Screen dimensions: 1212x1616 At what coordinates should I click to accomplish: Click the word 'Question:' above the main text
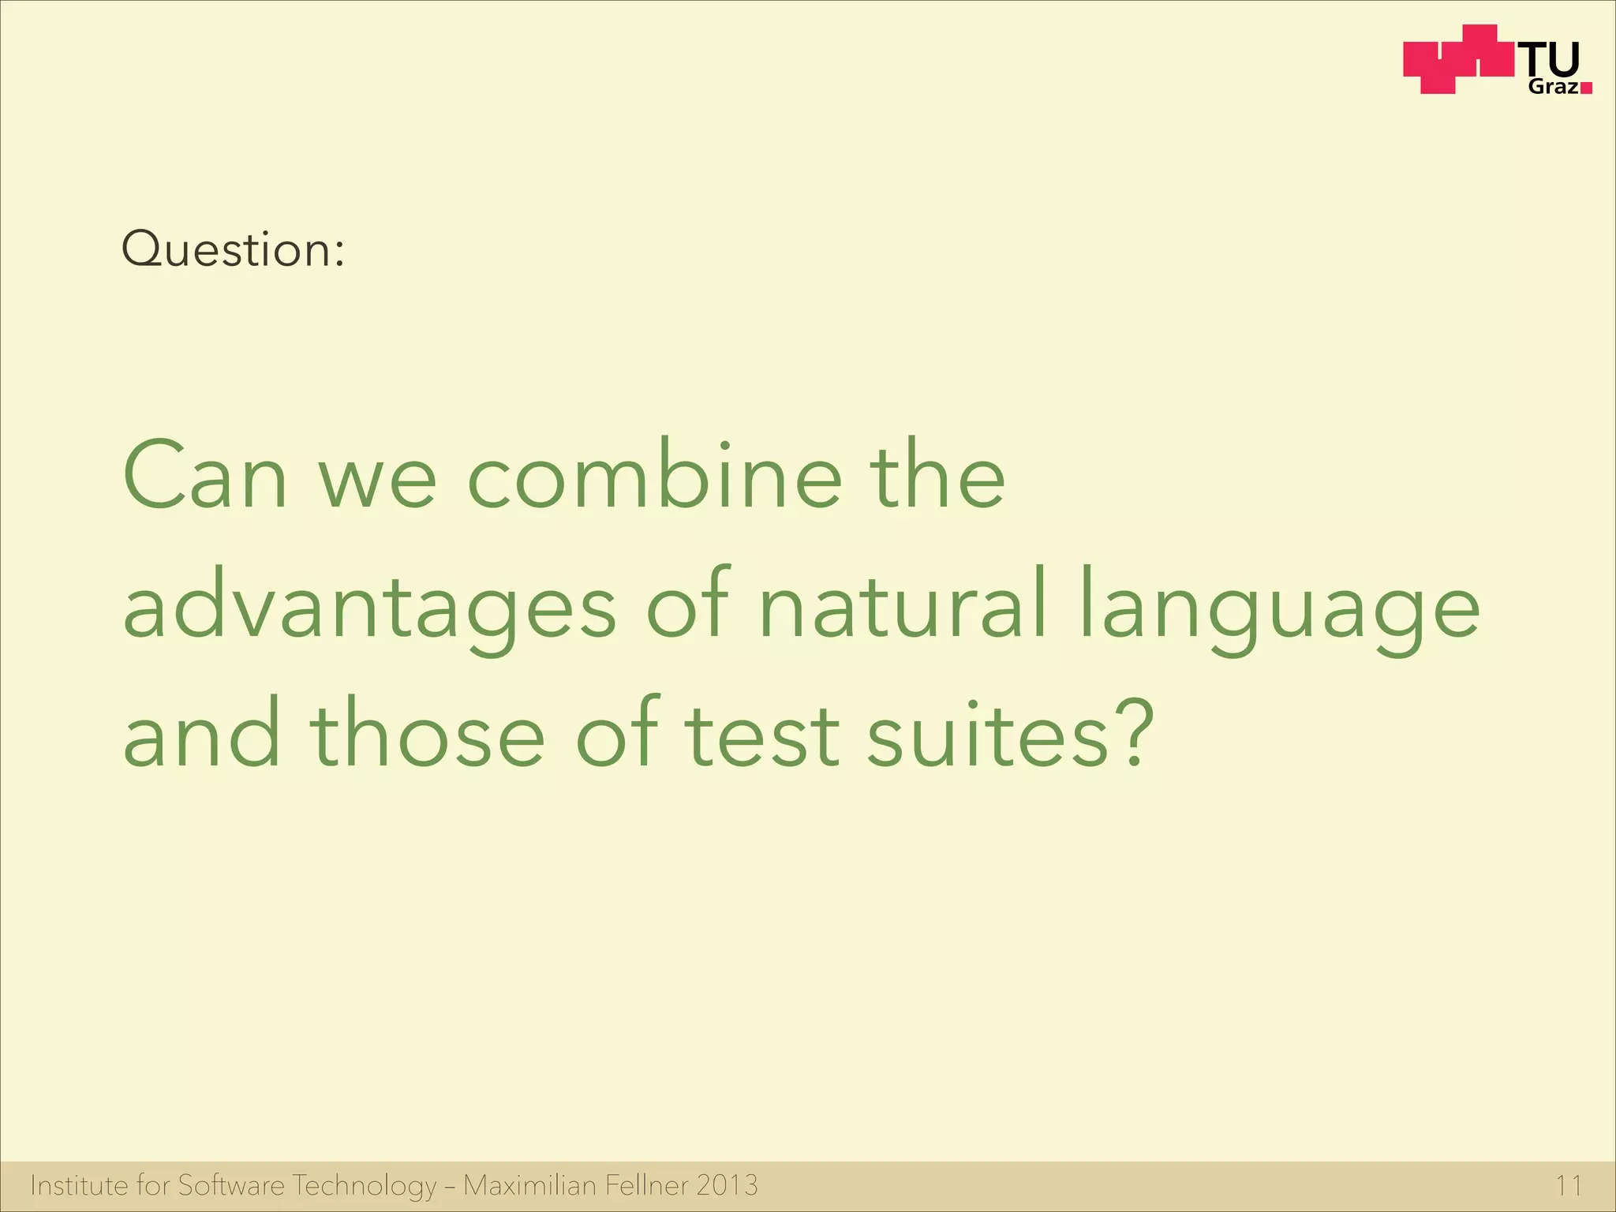(x=233, y=249)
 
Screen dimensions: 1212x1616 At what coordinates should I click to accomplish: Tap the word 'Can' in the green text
(x=205, y=476)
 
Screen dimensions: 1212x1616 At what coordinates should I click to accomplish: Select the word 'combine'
(x=655, y=476)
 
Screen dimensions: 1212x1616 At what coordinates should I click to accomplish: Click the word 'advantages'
(x=369, y=606)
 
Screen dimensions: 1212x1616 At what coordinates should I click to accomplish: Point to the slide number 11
(x=1569, y=1186)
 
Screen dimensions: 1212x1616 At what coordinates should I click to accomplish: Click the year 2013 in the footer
(x=727, y=1185)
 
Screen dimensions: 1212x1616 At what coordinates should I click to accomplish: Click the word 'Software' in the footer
(x=230, y=1185)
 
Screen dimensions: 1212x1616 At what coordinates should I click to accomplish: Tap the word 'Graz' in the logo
(x=1553, y=87)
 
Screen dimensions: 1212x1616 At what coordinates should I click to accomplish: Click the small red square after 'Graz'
(x=1586, y=88)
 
